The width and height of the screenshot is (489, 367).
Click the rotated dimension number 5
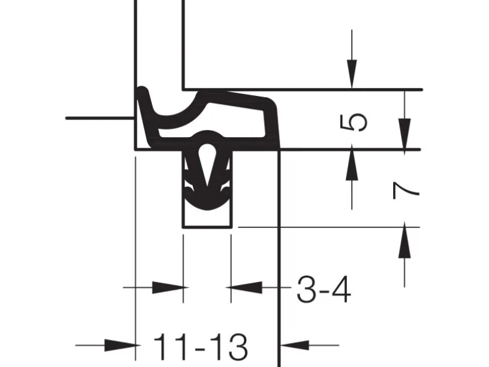coord(353,122)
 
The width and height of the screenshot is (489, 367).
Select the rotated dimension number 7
coord(405,190)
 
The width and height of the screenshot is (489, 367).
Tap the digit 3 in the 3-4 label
coord(307,290)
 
